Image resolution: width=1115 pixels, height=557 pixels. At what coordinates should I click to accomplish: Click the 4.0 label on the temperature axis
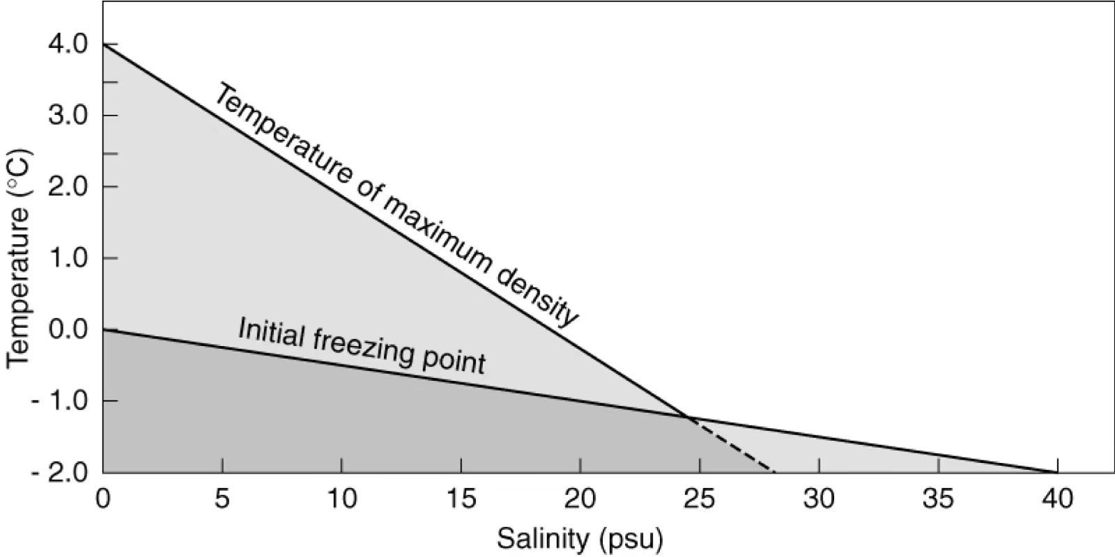coord(68,45)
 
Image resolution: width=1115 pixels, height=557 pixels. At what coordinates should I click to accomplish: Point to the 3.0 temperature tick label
coord(68,116)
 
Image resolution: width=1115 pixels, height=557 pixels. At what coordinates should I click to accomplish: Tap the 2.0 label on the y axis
coord(68,187)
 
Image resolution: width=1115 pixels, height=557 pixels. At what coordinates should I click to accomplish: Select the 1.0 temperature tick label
coord(68,258)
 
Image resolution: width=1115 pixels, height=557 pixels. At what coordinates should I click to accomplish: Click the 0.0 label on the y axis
coord(68,330)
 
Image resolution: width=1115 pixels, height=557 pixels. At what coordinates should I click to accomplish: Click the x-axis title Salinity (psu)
coord(579,539)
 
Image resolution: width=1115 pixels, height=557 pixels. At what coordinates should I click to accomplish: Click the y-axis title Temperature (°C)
coord(20,258)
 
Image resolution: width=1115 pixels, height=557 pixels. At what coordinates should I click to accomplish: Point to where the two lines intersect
coord(689,418)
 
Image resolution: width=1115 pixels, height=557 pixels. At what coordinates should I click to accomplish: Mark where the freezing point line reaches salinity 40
coord(1057,473)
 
